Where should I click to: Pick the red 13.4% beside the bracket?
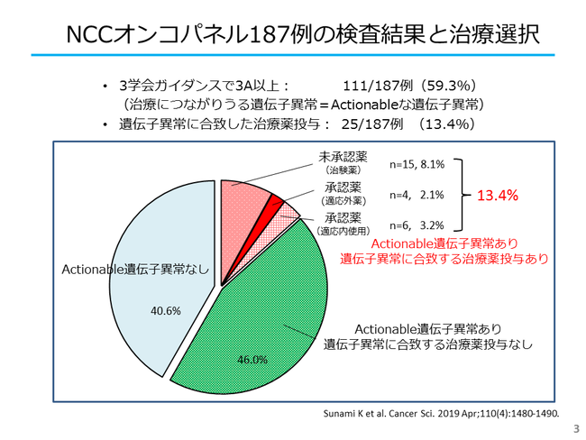click(497, 195)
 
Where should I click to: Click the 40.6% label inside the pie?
click(167, 311)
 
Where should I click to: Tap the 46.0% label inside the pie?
click(252, 359)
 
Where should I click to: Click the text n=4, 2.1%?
click(417, 195)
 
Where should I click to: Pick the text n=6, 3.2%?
click(417, 225)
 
